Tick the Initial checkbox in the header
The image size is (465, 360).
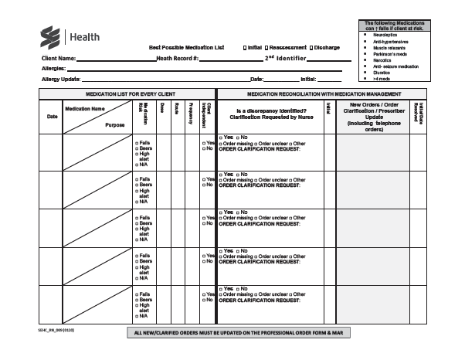pos(244,48)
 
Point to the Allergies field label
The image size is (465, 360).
pos(56,69)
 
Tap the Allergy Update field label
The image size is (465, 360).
pos(61,79)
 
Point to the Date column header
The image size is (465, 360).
pos(53,117)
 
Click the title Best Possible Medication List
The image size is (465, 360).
pos(186,48)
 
